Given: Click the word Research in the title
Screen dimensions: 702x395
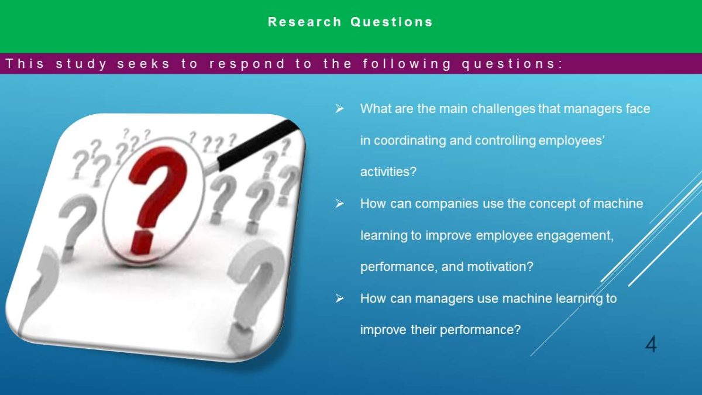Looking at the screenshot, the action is pos(305,22).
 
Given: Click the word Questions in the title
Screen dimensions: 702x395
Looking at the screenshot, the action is pos(391,22).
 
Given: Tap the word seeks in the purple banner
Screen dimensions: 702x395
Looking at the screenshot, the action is pos(143,64).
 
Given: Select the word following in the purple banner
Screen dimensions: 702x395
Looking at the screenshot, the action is pos(407,64).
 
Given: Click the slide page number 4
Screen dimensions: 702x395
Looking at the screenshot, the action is pos(651,345).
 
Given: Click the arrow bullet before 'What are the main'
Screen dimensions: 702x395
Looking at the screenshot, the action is pos(339,109).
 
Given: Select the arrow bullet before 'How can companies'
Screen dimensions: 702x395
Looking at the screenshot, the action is pos(339,204).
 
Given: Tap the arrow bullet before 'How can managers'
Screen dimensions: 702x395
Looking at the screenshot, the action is pos(339,298).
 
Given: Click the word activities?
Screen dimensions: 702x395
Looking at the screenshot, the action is pos(388,172).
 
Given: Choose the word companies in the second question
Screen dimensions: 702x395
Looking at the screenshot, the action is pos(446,204).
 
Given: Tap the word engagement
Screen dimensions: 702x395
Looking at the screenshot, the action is pos(574,236).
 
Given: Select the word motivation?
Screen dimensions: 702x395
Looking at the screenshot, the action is pos(500,267).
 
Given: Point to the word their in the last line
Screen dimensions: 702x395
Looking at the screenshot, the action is pos(423,330).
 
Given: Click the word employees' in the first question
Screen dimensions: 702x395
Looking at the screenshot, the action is pos(571,141).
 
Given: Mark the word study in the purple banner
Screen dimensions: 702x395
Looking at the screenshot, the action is pos(81,64).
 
